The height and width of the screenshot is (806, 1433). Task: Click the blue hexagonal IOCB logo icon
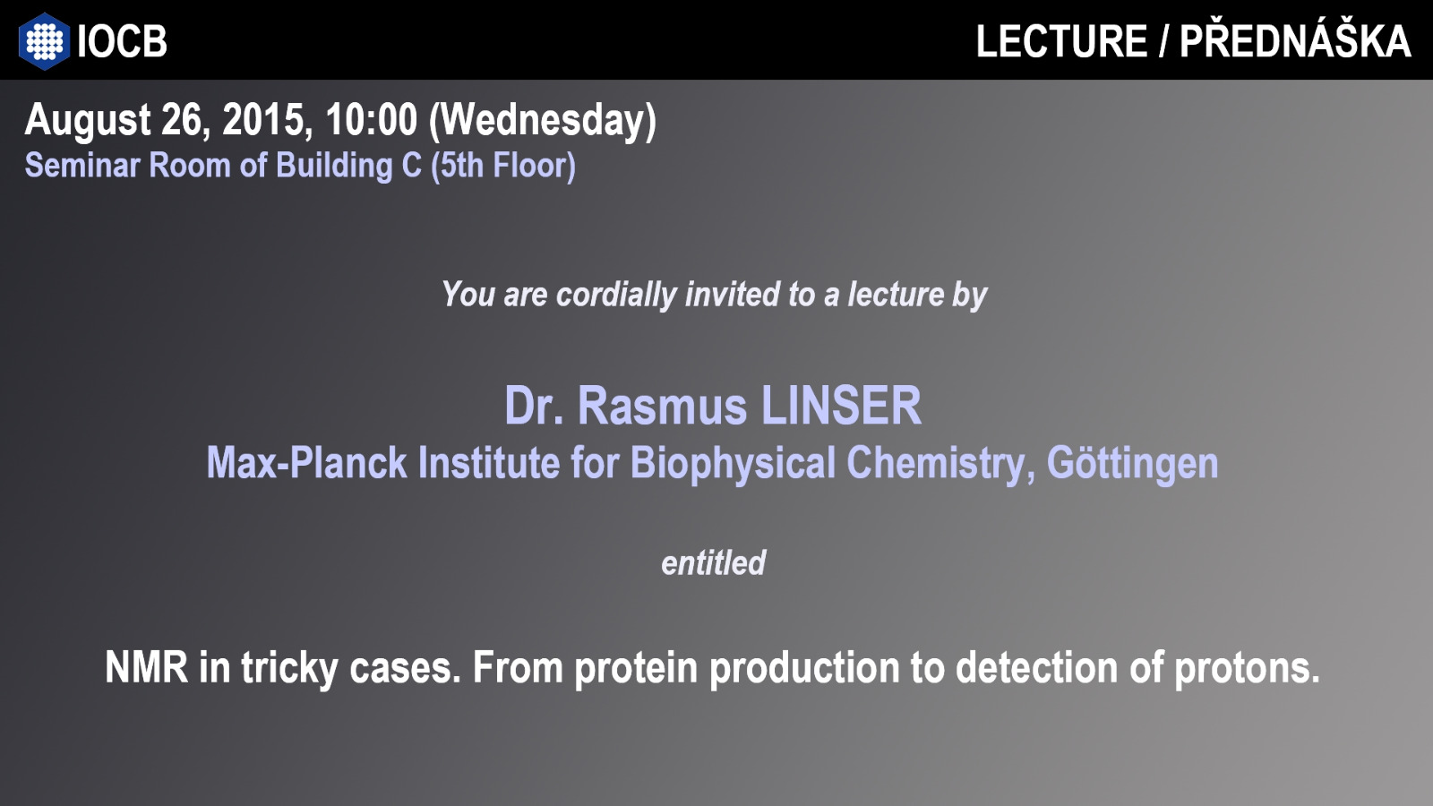[x=44, y=41]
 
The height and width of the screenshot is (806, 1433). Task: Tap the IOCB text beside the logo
[x=122, y=41]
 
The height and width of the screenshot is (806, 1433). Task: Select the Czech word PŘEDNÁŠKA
[x=1295, y=39]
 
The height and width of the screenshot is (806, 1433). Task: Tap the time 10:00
[x=371, y=120]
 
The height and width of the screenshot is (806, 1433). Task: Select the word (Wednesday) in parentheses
[x=543, y=121]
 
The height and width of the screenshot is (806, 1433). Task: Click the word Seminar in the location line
[x=82, y=165]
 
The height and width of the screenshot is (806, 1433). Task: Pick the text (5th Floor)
[x=503, y=167]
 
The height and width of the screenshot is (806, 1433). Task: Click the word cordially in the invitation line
[x=616, y=295]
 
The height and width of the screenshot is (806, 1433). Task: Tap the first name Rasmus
[x=662, y=407]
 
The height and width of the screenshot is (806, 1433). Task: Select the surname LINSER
[x=841, y=406]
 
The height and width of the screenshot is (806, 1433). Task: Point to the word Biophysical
[x=734, y=465]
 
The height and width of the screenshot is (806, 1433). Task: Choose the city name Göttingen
[x=1132, y=465]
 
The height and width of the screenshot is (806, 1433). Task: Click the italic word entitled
[x=713, y=563]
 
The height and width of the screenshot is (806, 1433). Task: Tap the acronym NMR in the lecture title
[x=147, y=668]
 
